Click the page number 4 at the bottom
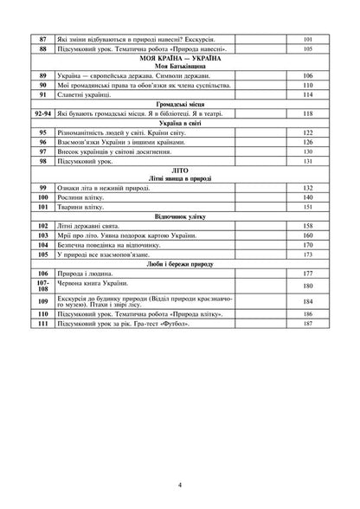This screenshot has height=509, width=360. point(180,486)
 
